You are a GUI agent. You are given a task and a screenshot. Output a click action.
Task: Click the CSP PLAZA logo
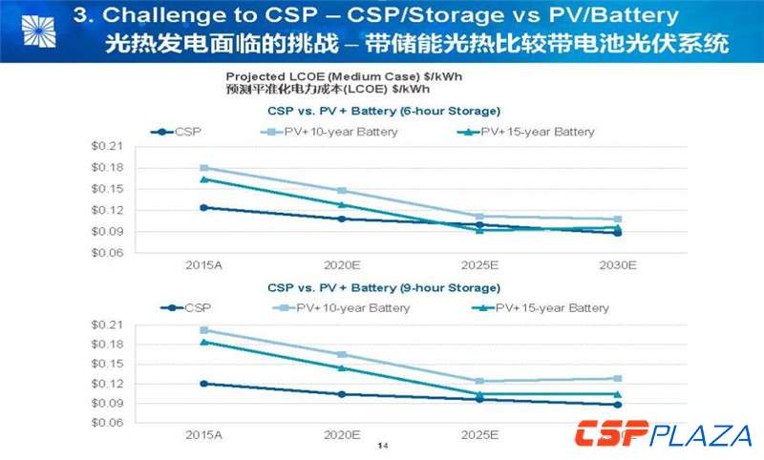point(663,435)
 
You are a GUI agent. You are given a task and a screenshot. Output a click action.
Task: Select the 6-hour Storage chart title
point(383,111)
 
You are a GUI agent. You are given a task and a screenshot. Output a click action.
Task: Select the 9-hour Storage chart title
point(383,287)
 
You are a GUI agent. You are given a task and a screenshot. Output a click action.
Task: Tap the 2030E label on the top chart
point(617,263)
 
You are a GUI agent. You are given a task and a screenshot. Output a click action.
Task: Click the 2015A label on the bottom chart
point(202,434)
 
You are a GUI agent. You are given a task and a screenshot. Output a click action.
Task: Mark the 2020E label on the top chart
point(342,263)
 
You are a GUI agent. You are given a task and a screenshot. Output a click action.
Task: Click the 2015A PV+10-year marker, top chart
point(203,168)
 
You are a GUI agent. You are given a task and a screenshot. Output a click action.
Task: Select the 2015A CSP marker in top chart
point(203,207)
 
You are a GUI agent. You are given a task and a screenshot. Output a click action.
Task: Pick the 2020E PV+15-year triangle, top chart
point(342,204)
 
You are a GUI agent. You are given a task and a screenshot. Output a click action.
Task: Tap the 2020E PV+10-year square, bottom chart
point(342,355)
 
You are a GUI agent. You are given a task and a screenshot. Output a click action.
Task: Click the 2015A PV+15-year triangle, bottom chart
point(203,342)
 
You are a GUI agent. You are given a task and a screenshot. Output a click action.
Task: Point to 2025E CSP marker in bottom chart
point(479,399)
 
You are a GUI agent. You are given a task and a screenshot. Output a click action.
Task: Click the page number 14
point(383,446)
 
